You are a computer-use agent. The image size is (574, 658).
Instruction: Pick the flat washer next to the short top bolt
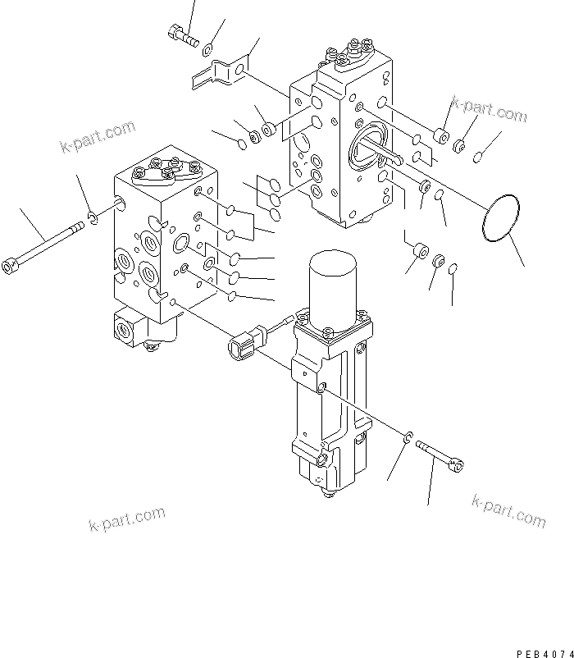pos(212,48)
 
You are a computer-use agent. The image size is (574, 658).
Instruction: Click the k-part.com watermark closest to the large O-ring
pos(489,112)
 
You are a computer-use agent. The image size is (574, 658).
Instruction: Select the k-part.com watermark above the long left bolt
pos(97,137)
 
